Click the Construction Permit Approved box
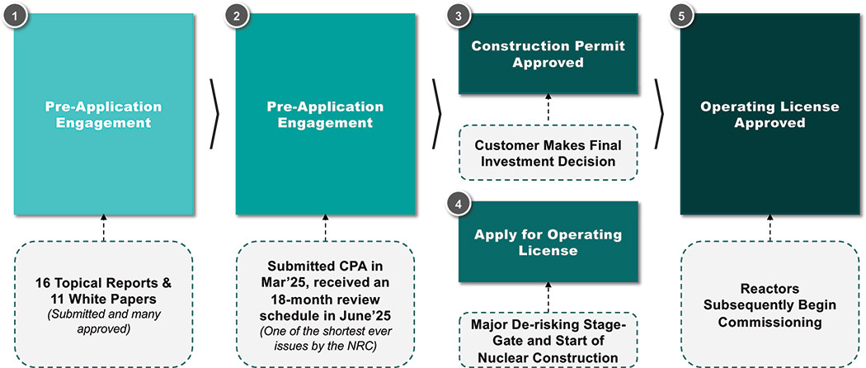coord(548,54)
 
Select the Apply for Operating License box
coord(548,243)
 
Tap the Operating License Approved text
coord(770,115)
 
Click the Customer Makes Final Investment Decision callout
coord(548,153)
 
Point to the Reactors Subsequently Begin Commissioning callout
coord(770,304)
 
